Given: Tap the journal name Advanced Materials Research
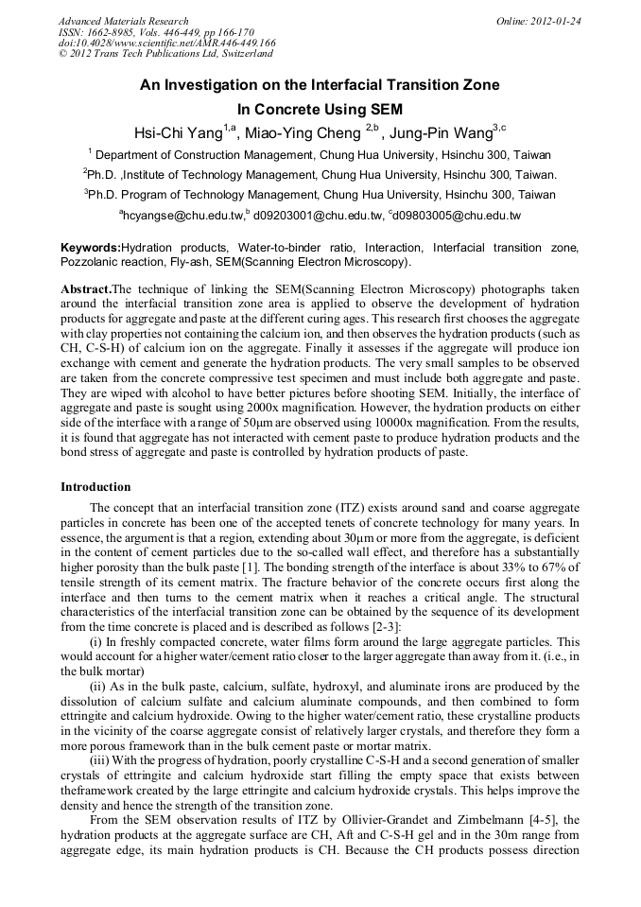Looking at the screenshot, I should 123,21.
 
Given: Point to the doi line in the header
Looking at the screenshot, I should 166,43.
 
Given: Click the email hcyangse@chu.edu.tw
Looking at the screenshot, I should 182,217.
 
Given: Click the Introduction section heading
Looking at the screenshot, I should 95,487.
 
